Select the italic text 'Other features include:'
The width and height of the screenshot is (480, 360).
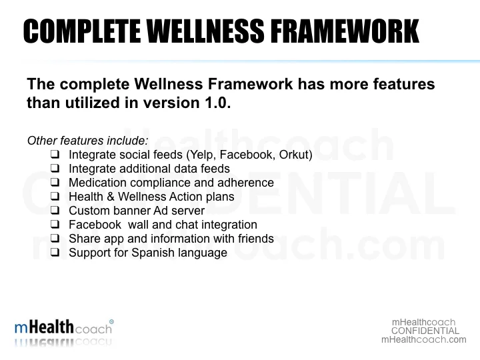[x=87, y=141]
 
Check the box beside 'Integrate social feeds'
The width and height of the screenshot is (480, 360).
[x=55, y=155]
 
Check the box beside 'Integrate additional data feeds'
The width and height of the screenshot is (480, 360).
[x=55, y=169]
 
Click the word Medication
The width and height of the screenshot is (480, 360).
[x=96, y=183]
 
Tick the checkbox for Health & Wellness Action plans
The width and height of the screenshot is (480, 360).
[x=55, y=197]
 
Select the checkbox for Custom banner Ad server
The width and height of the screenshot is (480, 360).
[x=55, y=211]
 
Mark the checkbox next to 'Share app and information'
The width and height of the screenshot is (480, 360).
[x=55, y=239]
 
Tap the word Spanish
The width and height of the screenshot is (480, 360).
[x=150, y=253]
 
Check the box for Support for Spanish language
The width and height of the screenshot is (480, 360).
[x=55, y=253]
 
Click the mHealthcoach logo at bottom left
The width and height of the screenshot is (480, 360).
[x=63, y=328]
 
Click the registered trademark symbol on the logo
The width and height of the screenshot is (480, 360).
[x=111, y=321]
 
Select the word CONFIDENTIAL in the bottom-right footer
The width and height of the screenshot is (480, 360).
[x=425, y=331]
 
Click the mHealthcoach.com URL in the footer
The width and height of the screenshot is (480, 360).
[x=424, y=339]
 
